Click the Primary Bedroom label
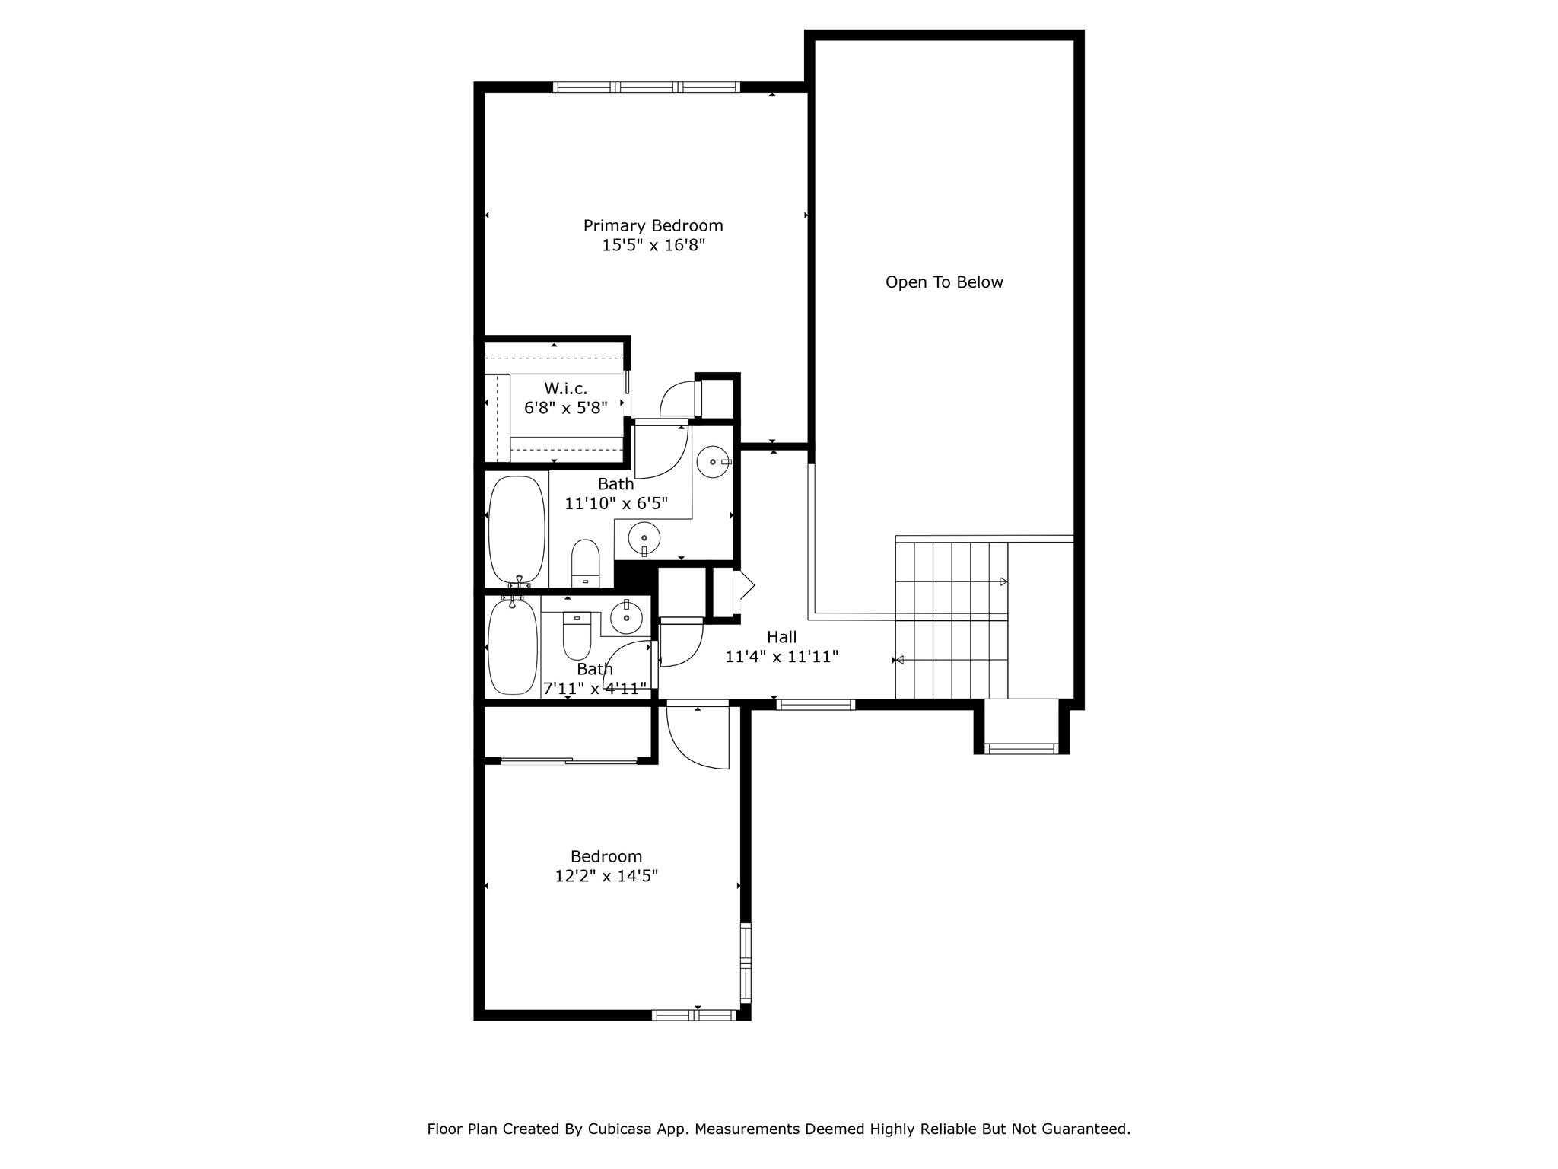pyautogui.click(x=653, y=226)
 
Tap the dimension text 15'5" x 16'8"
pyautogui.click(x=653, y=245)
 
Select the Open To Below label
pyautogui.click(x=944, y=282)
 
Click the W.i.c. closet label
pyautogui.click(x=565, y=388)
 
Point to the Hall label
pyautogui.click(x=781, y=637)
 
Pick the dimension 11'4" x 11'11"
pyautogui.click(x=781, y=656)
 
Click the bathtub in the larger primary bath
pyautogui.click(x=517, y=530)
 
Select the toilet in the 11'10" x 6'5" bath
pyautogui.click(x=585, y=562)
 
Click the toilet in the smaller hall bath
pyautogui.click(x=577, y=636)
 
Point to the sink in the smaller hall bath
pyautogui.click(x=627, y=616)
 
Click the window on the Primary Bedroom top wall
pyautogui.click(x=646, y=87)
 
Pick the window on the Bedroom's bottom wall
pyautogui.click(x=694, y=1015)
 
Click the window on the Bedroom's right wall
pyautogui.click(x=746, y=963)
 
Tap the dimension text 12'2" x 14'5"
pyautogui.click(x=606, y=876)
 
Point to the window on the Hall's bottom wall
pyautogui.click(x=816, y=705)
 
